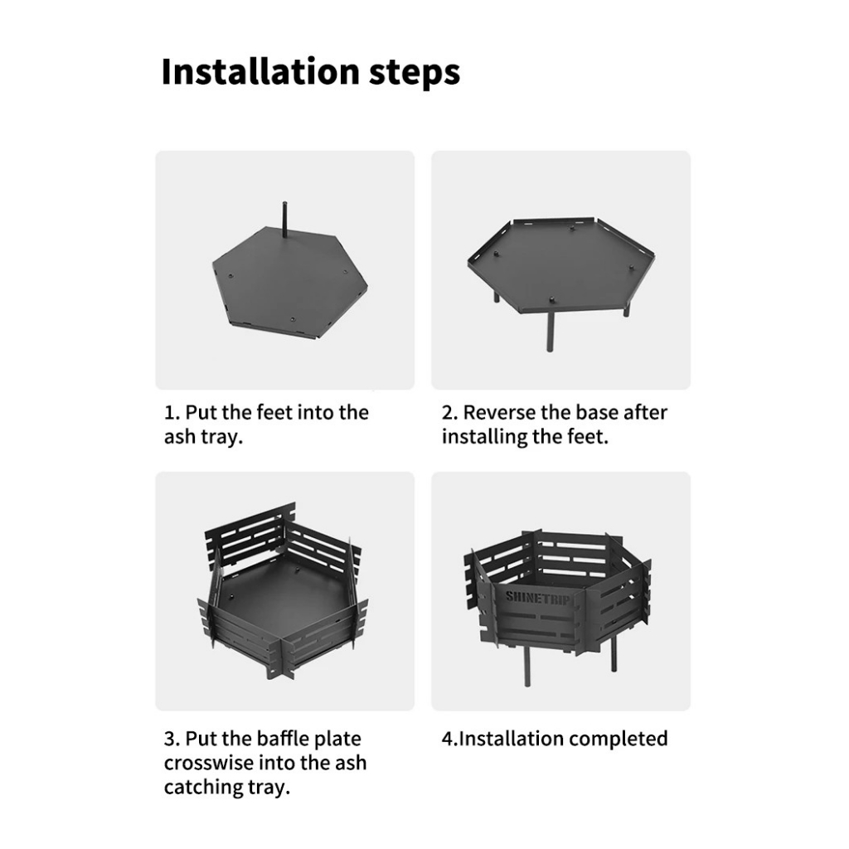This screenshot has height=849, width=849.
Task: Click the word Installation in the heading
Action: pos(260,71)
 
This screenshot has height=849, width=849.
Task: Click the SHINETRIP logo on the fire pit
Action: pos(536,599)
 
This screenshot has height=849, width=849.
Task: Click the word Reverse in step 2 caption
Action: pos(498,413)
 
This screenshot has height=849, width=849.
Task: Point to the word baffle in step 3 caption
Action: pos(282,739)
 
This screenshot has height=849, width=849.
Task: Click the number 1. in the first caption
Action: pos(172,413)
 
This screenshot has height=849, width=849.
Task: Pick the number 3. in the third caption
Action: pos(172,739)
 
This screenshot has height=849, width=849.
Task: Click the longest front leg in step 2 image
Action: pos(551,332)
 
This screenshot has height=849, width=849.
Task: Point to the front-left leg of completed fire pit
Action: pos(527,665)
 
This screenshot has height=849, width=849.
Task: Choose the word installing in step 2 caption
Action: pos(484,437)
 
